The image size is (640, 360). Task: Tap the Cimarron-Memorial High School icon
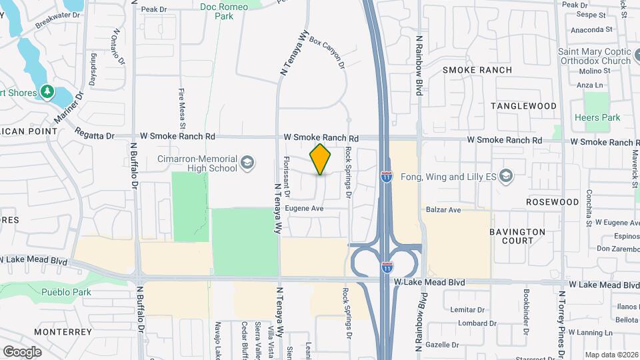[247, 163]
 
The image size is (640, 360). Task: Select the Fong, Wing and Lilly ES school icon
[506, 177]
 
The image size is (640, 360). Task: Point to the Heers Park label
[597, 118]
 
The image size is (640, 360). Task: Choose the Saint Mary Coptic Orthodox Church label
[595, 57]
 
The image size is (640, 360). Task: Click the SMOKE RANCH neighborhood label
[477, 70]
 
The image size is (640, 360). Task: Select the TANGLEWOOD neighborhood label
[523, 106]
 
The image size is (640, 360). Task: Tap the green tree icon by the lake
[47, 91]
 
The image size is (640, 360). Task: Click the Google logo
[21, 351]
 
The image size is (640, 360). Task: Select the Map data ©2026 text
[611, 355]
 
